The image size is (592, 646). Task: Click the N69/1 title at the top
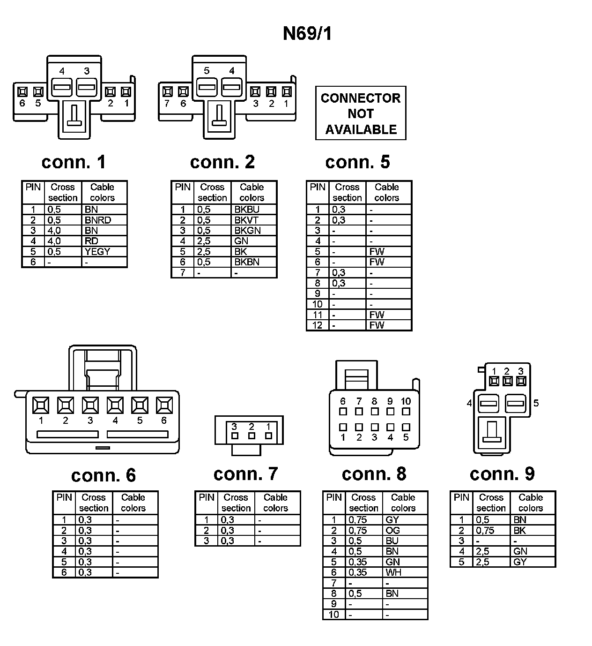click(x=307, y=34)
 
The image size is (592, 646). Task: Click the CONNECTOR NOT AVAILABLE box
click(x=361, y=113)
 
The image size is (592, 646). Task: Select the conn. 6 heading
click(x=103, y=475)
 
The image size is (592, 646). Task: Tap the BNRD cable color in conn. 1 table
click(x=98, y=220)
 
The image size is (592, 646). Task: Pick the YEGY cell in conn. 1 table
click(x=97, y=251)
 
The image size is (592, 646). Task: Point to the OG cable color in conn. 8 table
click(x=392, y=530)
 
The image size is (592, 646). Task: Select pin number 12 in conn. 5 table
click(x=318, y=325)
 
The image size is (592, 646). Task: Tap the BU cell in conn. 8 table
click(x=392, y=541)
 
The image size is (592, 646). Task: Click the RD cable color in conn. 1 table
click(x=91, y=241)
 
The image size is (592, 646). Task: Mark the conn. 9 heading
click(x=502, y=474)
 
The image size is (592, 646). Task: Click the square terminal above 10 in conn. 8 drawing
click(x=406, y=412)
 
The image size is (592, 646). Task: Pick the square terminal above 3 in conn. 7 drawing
click(x=235, y=436)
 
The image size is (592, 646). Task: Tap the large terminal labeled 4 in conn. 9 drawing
click(x=488, y=403)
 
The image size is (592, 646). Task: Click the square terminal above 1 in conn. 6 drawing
click(x=41, y=405)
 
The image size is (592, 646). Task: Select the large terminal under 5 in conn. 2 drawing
click(x=206, y=87)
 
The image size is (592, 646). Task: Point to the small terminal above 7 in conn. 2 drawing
click(x=167, y=91)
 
